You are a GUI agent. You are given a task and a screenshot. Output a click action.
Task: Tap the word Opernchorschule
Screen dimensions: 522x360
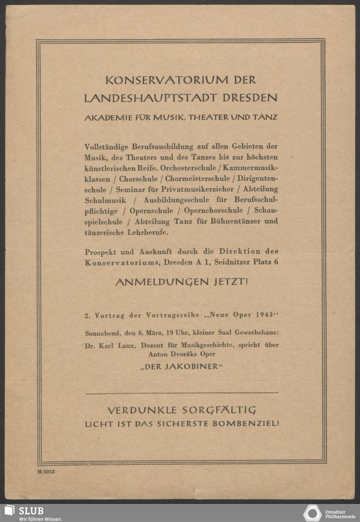(x=213, y=211)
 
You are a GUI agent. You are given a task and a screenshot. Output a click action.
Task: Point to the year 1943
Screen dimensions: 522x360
(x=265, y=315)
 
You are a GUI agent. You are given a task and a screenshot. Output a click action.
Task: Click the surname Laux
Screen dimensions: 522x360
(x=127, y=345)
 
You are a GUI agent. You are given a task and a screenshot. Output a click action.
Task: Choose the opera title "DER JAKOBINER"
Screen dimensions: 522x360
(x=182, y=367)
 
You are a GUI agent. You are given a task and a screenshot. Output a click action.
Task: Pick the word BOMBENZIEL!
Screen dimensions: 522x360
(x=246, y=424)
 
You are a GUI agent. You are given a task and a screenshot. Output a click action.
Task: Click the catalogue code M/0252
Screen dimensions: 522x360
(x=46, y=472)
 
